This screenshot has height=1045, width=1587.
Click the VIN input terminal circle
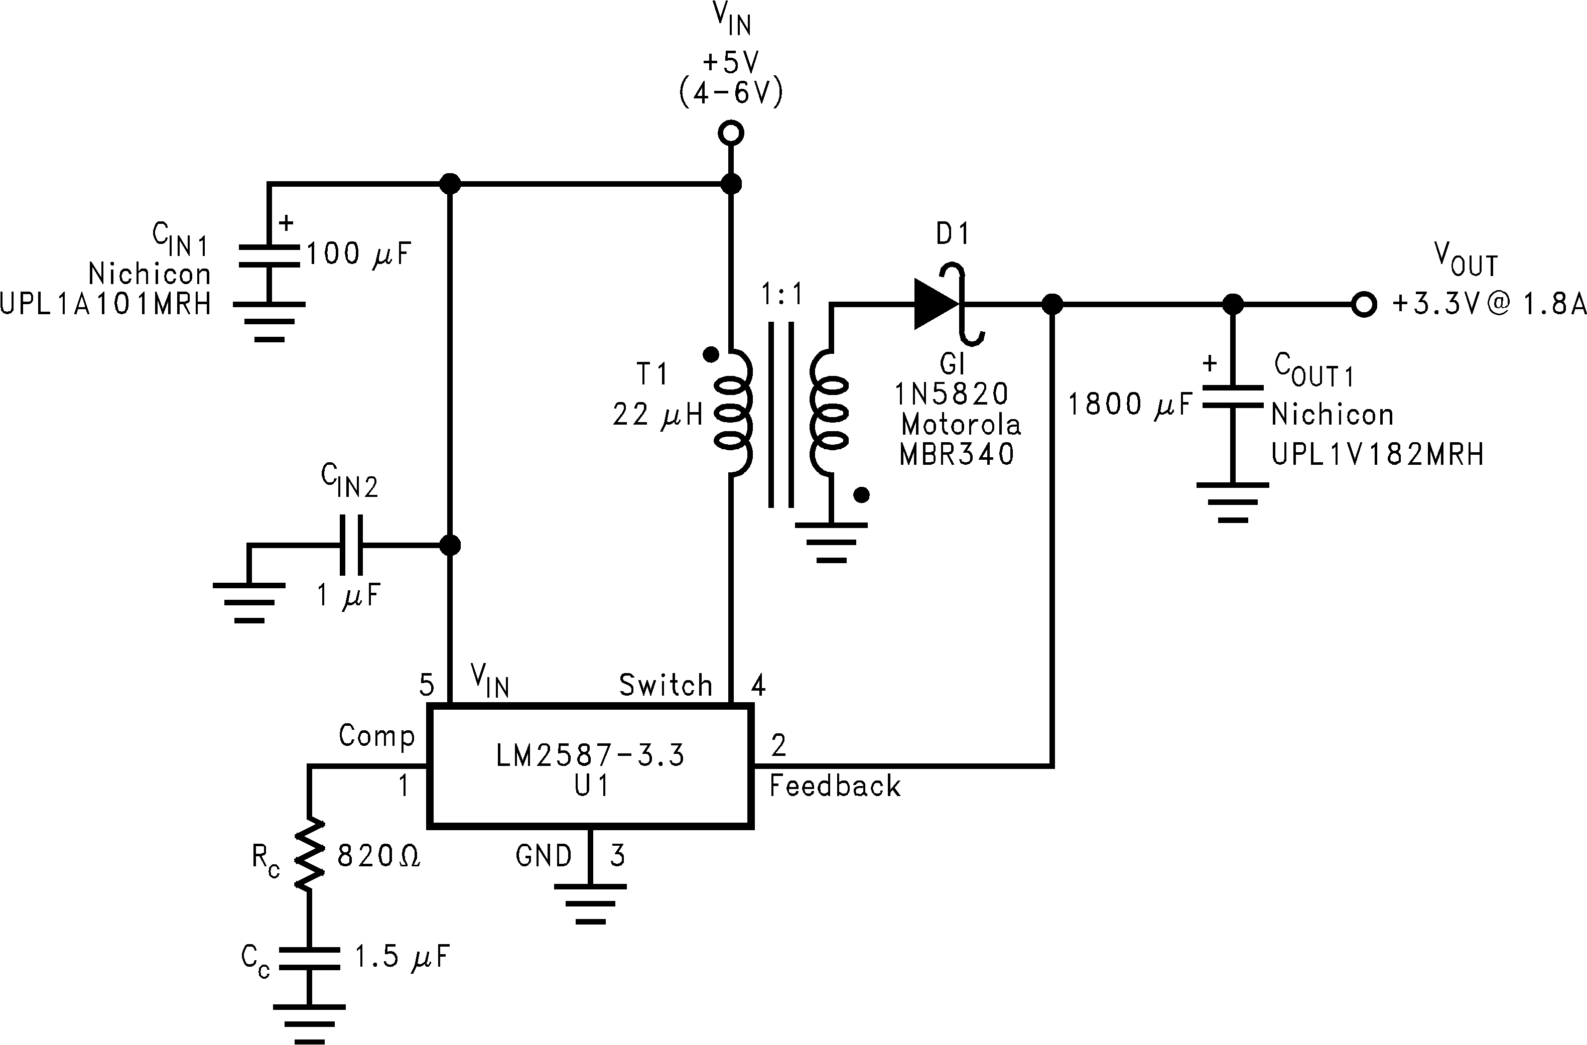click(731, 134)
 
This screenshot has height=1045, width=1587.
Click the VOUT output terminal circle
click(1364, 305)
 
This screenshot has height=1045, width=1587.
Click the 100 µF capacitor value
click(358, 254)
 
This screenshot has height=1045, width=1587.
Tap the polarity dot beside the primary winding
click(711, 354)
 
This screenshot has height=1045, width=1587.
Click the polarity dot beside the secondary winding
click(862, 495)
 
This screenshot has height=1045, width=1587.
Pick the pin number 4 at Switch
click(758, 685)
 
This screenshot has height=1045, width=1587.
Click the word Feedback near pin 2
click(834, 786)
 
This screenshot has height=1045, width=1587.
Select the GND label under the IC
click(544, 856)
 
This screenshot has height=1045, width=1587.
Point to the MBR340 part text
click(956, 455)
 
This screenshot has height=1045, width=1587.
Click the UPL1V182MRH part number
click(1378, 455)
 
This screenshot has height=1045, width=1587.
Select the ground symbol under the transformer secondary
click(831, 542)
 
